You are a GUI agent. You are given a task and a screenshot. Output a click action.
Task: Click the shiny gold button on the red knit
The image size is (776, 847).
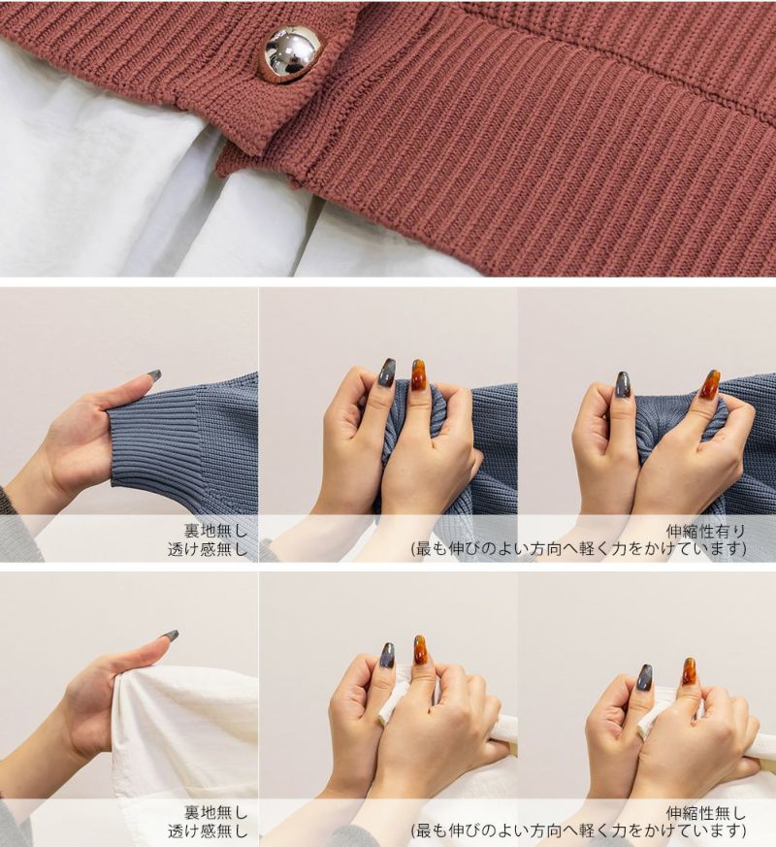point(292,55)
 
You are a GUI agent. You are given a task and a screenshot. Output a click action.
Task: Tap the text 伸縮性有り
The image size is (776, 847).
point(705,531)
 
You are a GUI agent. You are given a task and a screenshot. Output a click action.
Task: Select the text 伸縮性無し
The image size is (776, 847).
point(705,813)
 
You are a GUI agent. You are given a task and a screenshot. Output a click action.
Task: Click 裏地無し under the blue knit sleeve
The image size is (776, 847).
point(215,531)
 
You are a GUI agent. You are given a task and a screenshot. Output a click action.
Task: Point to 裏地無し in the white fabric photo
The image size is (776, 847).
point(215,813)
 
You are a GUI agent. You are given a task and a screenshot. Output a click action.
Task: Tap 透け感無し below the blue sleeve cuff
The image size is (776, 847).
point(208,549)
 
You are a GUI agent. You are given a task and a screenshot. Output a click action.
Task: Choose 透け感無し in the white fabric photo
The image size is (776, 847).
point(208,831)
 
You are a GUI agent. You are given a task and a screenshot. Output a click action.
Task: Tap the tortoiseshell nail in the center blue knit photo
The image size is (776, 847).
point(419,375)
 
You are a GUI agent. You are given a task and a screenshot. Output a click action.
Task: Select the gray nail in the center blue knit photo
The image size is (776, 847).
point(387,374)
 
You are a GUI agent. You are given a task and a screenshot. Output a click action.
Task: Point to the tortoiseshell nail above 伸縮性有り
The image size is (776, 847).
point(710,383)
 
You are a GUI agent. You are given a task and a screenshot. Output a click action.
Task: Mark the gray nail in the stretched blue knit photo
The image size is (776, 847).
point(623,384)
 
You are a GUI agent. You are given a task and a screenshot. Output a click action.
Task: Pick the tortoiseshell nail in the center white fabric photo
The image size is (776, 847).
point(420,650)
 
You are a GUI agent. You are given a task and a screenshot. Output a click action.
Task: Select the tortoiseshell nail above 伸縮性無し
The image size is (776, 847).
point(688,670)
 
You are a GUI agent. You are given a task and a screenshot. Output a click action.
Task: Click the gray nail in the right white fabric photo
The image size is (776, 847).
point(645,678)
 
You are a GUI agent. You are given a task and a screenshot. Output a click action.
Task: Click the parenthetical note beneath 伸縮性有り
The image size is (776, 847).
point(578,549)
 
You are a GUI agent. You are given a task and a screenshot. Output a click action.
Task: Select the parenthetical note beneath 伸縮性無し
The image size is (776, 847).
point(578,831)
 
